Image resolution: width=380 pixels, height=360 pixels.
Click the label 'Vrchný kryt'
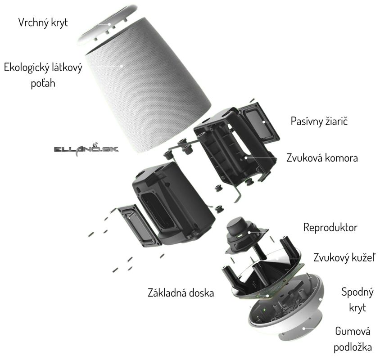click(43, 22)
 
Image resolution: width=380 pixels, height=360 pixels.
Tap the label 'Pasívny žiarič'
click(320, 121)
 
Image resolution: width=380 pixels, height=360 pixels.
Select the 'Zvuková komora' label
click(321, 159)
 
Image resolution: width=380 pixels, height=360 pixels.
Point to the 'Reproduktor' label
click(330, 227)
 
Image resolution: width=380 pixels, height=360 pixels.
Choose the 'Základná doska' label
click(181, 293)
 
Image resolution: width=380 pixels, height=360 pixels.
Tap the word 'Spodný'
click(357, 293)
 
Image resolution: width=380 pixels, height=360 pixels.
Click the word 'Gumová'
click(353, 332)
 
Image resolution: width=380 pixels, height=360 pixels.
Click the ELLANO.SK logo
click(86, 148)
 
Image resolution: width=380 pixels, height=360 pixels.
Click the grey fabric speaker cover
click(149, 90)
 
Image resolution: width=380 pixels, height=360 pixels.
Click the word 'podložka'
click(353, 347)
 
